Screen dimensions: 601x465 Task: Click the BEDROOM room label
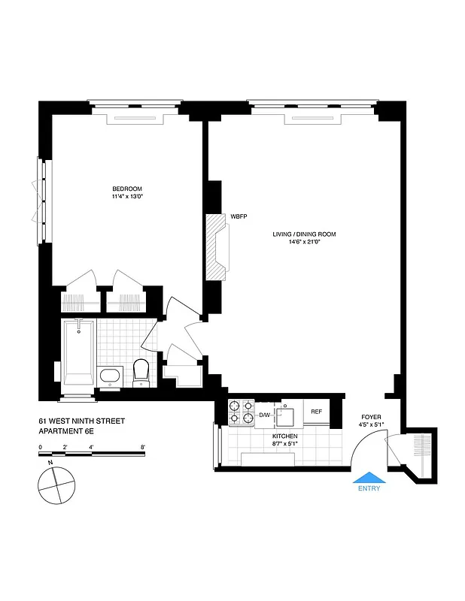pos(127,189)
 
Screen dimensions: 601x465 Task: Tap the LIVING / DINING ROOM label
pos(304,234)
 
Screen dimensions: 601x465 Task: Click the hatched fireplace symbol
pos(219,245)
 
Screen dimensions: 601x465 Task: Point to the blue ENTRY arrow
pos(369,478)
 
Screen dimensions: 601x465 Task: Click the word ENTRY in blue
pos(369,488)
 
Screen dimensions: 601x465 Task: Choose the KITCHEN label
pos(285,436)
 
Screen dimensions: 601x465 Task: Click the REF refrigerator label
pos(317,412)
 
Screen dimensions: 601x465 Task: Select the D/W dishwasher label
pos(264,415)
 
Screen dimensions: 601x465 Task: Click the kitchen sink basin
pos(287,414)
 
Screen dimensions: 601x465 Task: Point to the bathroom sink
pos(110,376)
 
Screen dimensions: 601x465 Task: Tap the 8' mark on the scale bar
pos(142,447)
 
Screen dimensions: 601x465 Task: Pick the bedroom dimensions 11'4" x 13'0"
pos(127,197)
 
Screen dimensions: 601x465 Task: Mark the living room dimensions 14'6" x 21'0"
pos(304,243)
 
